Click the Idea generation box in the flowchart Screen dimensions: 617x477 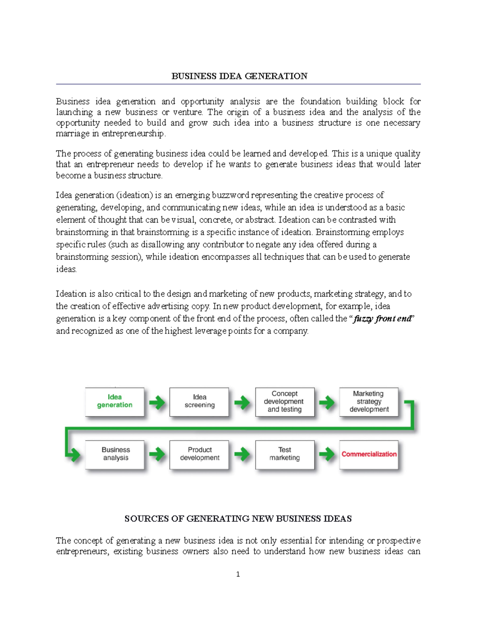114,401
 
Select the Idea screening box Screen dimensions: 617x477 199,401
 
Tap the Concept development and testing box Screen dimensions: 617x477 285,401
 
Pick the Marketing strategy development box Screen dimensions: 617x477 368,401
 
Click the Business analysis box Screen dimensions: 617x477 115,454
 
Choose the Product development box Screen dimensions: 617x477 199,454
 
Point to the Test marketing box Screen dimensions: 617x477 285,454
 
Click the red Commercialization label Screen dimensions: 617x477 369,454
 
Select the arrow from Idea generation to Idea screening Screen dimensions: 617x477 157,402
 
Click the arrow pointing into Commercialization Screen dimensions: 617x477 327,454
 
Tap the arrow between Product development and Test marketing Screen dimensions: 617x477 242,454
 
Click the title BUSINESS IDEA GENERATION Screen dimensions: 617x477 239,76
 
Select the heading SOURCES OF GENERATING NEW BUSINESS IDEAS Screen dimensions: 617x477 238,519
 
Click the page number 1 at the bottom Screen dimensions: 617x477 238,574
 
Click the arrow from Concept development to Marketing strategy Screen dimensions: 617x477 327,402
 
